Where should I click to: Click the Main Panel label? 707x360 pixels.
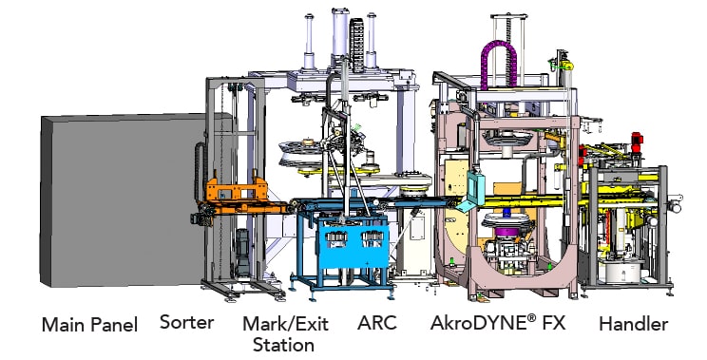click(x=89, y=325)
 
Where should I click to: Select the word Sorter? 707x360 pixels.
click(x=186, y=322)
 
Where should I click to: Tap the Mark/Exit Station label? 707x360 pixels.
click(x=285, y=333)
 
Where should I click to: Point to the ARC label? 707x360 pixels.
click(x=377, y=324)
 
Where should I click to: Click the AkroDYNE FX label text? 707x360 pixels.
click(x=498, y=324)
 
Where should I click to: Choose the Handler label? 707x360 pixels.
click(x=633, y=324)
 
